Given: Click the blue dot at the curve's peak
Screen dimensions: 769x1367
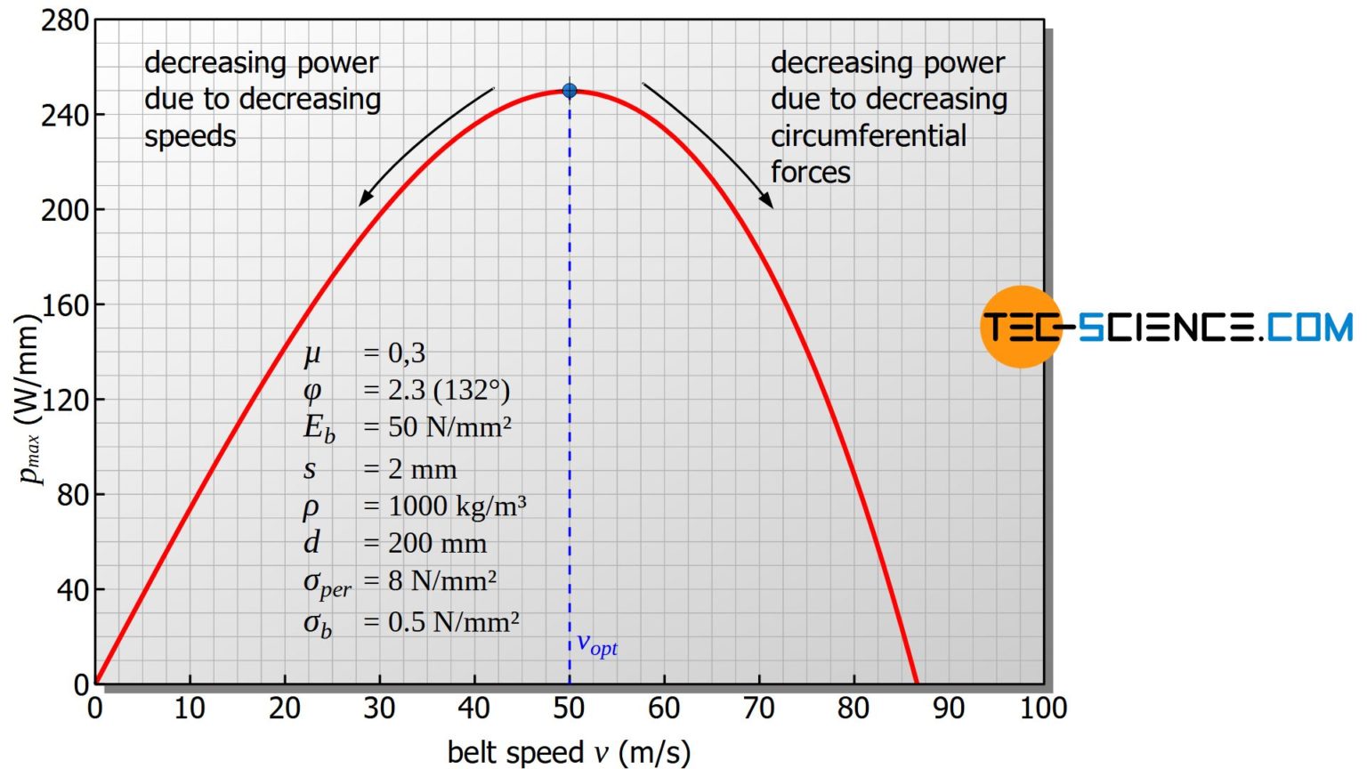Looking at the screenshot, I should (570, 91).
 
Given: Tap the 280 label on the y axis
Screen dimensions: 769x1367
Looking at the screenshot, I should (64, 20).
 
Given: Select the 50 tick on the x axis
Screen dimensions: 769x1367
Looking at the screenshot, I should (569, 708).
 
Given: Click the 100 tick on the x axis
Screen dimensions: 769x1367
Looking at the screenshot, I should (1042, 708).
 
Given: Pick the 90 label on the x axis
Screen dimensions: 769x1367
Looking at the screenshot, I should (948, 708).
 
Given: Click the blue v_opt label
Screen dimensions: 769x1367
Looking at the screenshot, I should (596, 644).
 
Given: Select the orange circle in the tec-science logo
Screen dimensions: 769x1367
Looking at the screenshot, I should (1020, 327).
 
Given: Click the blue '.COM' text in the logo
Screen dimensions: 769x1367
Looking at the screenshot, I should (1306, 328).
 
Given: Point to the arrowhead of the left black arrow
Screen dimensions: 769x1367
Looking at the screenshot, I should (363, 201).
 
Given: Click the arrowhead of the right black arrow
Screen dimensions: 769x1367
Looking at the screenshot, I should (769, 203).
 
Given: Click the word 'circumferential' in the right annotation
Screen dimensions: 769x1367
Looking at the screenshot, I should (868, 136).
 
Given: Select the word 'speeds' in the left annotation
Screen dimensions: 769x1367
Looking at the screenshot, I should (190, 136).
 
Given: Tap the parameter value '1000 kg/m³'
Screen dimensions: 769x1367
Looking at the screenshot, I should (457, 506).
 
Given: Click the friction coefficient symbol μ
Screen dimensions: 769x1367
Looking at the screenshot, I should (311, 353).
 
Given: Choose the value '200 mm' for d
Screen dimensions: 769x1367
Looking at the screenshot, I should (437, 543).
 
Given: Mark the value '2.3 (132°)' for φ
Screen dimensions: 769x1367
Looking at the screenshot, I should (449, 390).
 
